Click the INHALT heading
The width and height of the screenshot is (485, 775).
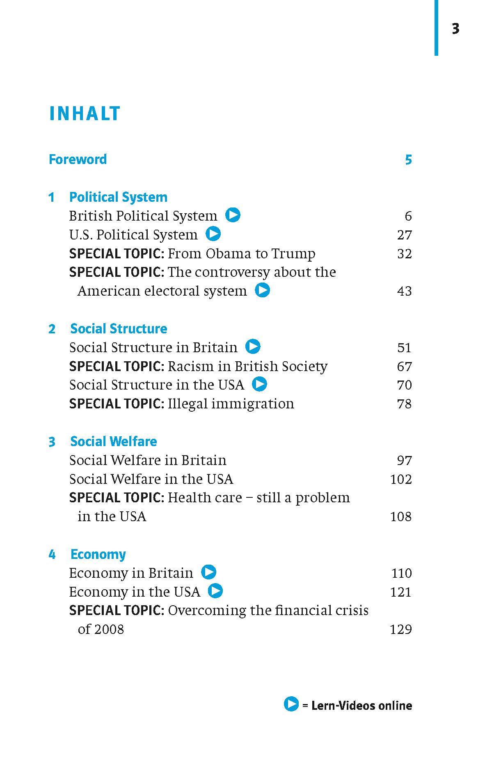point(85,114)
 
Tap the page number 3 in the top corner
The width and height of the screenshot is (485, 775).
point(455,29)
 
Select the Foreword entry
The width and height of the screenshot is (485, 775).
point(78,159)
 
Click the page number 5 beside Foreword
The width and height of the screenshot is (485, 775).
point(408,160)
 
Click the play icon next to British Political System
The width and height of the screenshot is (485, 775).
point(233,215)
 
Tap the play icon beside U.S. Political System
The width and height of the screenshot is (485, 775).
point(213,234)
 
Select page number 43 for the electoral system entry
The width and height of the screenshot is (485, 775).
point(404,291)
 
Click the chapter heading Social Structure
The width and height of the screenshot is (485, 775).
point(119,328)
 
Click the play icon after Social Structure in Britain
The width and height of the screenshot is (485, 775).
point(253,346)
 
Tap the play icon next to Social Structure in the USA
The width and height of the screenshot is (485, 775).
point(260,384)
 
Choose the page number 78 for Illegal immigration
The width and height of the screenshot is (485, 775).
point(404,404)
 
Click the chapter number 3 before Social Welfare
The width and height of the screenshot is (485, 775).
point(52,442)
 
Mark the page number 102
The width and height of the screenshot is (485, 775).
point(401,479)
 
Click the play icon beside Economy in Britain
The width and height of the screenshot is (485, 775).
point(209,572)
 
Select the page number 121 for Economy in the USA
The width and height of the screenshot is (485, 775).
point(401,592)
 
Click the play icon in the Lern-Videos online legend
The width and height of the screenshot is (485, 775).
point(291,704)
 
